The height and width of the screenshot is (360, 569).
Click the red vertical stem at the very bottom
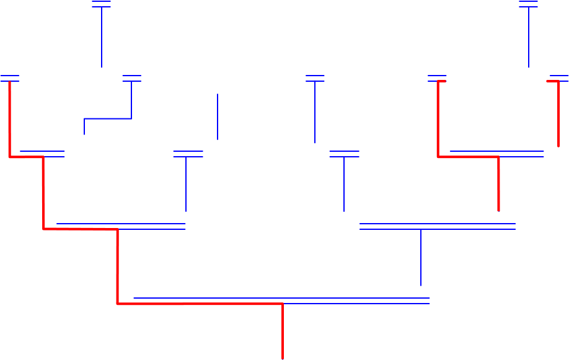(x=283, y=331)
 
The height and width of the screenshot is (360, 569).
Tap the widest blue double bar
(x=282, y=301)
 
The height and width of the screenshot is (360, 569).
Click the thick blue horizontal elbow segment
(x=108, y=118)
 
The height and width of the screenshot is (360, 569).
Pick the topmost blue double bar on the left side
(x=101, y=4)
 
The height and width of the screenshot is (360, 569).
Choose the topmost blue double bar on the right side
(x=528, y=4)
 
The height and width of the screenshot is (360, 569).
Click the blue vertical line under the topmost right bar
(x=528, y=37)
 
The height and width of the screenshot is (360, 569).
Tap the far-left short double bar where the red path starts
(x=10, y=78)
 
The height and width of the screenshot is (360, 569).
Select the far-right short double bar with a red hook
(x=558, y=78)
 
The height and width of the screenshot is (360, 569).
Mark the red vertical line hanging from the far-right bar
(x=558, y=115)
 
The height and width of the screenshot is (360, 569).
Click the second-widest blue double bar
(x=438, y=226)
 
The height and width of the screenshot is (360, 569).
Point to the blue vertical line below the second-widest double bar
(x=421, y=257)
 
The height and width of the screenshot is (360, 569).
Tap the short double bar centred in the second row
(x=315, y=78)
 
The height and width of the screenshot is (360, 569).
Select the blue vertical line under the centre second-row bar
(x=315, y=112)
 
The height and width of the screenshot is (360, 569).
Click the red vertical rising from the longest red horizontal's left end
(x=117, y=266)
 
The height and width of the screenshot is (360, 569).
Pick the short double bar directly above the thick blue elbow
(x=131, y=78)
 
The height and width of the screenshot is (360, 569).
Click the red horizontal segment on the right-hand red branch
(x=468, y=157)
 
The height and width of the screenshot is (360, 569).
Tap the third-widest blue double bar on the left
(x=121, y=226)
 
